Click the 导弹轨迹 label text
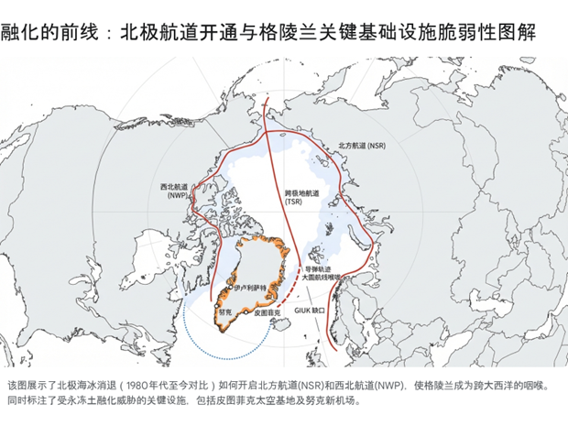(x=319, y=268)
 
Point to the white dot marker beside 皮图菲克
(x=253, y=312)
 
